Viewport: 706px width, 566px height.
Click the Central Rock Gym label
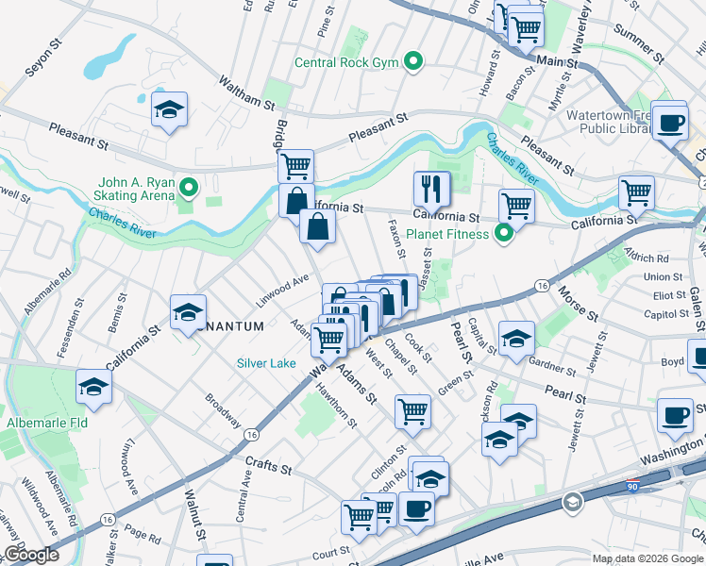(x=346, y=63)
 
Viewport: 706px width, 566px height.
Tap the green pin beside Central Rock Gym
(x=412, y=63)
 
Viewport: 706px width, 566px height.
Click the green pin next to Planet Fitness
(x=504, y=233)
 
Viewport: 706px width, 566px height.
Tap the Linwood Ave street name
(x=283, y=291)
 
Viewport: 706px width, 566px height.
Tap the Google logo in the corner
(x=31, y=556)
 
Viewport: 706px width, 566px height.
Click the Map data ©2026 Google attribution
(x=648, y=558)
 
